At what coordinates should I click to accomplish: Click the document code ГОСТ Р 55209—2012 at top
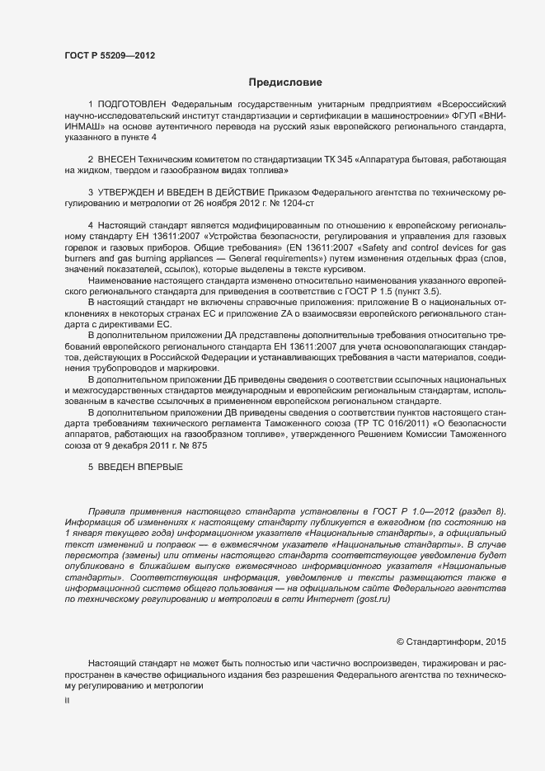(110, 56)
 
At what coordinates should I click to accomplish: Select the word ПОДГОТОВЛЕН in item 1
(132, 105)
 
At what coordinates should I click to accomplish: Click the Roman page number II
(67, 699)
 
